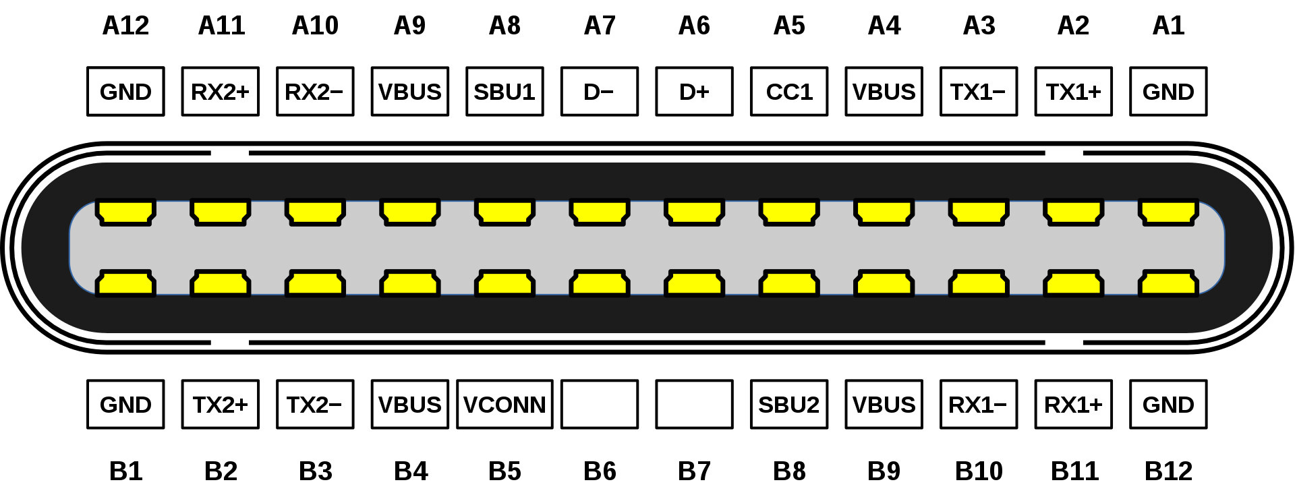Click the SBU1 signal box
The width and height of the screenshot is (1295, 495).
pos(505,91)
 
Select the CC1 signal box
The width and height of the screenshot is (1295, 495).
pos(789,91)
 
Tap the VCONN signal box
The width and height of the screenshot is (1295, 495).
pos(505,404)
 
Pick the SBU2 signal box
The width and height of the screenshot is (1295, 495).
pos(789,404)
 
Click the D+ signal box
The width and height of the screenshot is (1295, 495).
pos(694,91)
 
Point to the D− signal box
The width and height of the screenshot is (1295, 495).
pos(600,91)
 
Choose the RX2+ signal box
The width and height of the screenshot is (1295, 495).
pos(221,91)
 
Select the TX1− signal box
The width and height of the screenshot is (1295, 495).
pos(979,91)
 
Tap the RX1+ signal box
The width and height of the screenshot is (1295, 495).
pos(1073,404)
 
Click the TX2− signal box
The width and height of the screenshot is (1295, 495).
pos(315,404)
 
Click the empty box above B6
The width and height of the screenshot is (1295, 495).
pos(600,404)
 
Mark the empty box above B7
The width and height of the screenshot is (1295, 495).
pos(694,404)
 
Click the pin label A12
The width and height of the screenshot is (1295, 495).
pos(125,26)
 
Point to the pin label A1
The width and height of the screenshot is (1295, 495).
pos(1168,26)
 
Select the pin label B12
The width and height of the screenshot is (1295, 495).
pos(1168,471)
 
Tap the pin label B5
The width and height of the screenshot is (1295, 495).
pos(505,471)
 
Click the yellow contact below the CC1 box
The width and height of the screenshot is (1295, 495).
pos(789,212)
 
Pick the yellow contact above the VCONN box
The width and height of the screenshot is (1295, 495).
pos(505,283)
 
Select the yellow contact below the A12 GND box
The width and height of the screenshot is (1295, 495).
pos(125,212)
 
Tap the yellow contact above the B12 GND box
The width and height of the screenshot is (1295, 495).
pos(1168,283)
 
